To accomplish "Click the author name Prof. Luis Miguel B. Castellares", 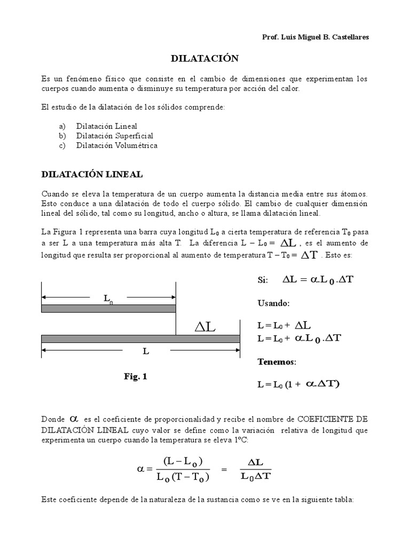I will click(315, 37).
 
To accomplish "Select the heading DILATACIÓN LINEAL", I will click(92, 175).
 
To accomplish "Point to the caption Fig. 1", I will click(135, 377).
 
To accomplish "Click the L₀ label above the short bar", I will click(108, 299).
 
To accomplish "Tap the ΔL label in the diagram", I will click(204, 327).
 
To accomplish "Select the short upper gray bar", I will click(108, 308).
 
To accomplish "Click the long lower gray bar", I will click(140, 339).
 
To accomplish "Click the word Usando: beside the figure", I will click(273, 303).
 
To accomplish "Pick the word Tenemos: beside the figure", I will click(277, 362).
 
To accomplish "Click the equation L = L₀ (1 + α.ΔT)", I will click(298, 384).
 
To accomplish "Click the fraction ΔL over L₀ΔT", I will click(255, 469).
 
